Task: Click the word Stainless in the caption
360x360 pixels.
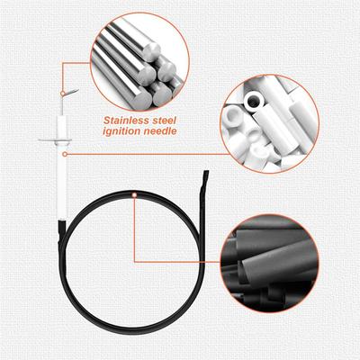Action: (x=126, y=121)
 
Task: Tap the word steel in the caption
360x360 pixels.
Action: (x=164, y=121)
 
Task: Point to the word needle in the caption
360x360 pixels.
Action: (x=159, y=130)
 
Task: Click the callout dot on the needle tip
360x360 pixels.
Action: (x=62, y=94)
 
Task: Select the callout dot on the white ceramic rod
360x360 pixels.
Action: (x=65, y=154)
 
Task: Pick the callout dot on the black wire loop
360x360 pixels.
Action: (x=134, y=195)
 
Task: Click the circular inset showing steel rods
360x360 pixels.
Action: (x=140, y=62)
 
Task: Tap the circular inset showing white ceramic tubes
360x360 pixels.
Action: (x=270, y=124)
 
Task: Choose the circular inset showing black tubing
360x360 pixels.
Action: (x=270, y=264)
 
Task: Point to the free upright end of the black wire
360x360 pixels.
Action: (x=206, y=174)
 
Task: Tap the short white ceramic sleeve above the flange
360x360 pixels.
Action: (x=63, y=127)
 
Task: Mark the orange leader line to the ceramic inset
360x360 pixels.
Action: (x=148, y=154)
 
